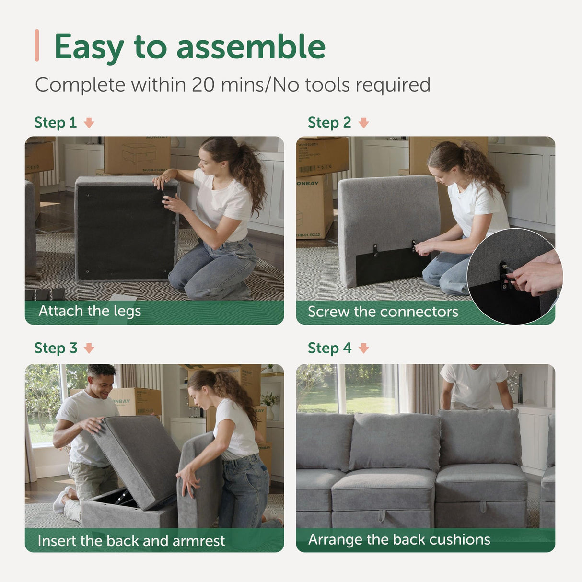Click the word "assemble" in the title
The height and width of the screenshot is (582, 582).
(251, 47)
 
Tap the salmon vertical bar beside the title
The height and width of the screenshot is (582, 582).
(37, 46)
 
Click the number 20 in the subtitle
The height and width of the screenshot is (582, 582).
(204, 85)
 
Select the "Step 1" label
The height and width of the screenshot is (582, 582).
(55, 123)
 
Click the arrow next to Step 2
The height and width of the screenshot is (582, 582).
(364, 123)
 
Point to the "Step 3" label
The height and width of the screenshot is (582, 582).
(56, 348)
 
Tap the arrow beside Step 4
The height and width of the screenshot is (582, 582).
(364, 349)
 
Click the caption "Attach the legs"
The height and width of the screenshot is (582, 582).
(90, 311)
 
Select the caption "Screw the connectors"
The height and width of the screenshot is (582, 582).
(383, 312)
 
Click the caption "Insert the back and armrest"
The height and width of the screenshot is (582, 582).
(131, 541)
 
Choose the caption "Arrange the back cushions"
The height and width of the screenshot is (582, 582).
(399, 539)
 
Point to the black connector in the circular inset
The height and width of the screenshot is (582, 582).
(504, 276)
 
